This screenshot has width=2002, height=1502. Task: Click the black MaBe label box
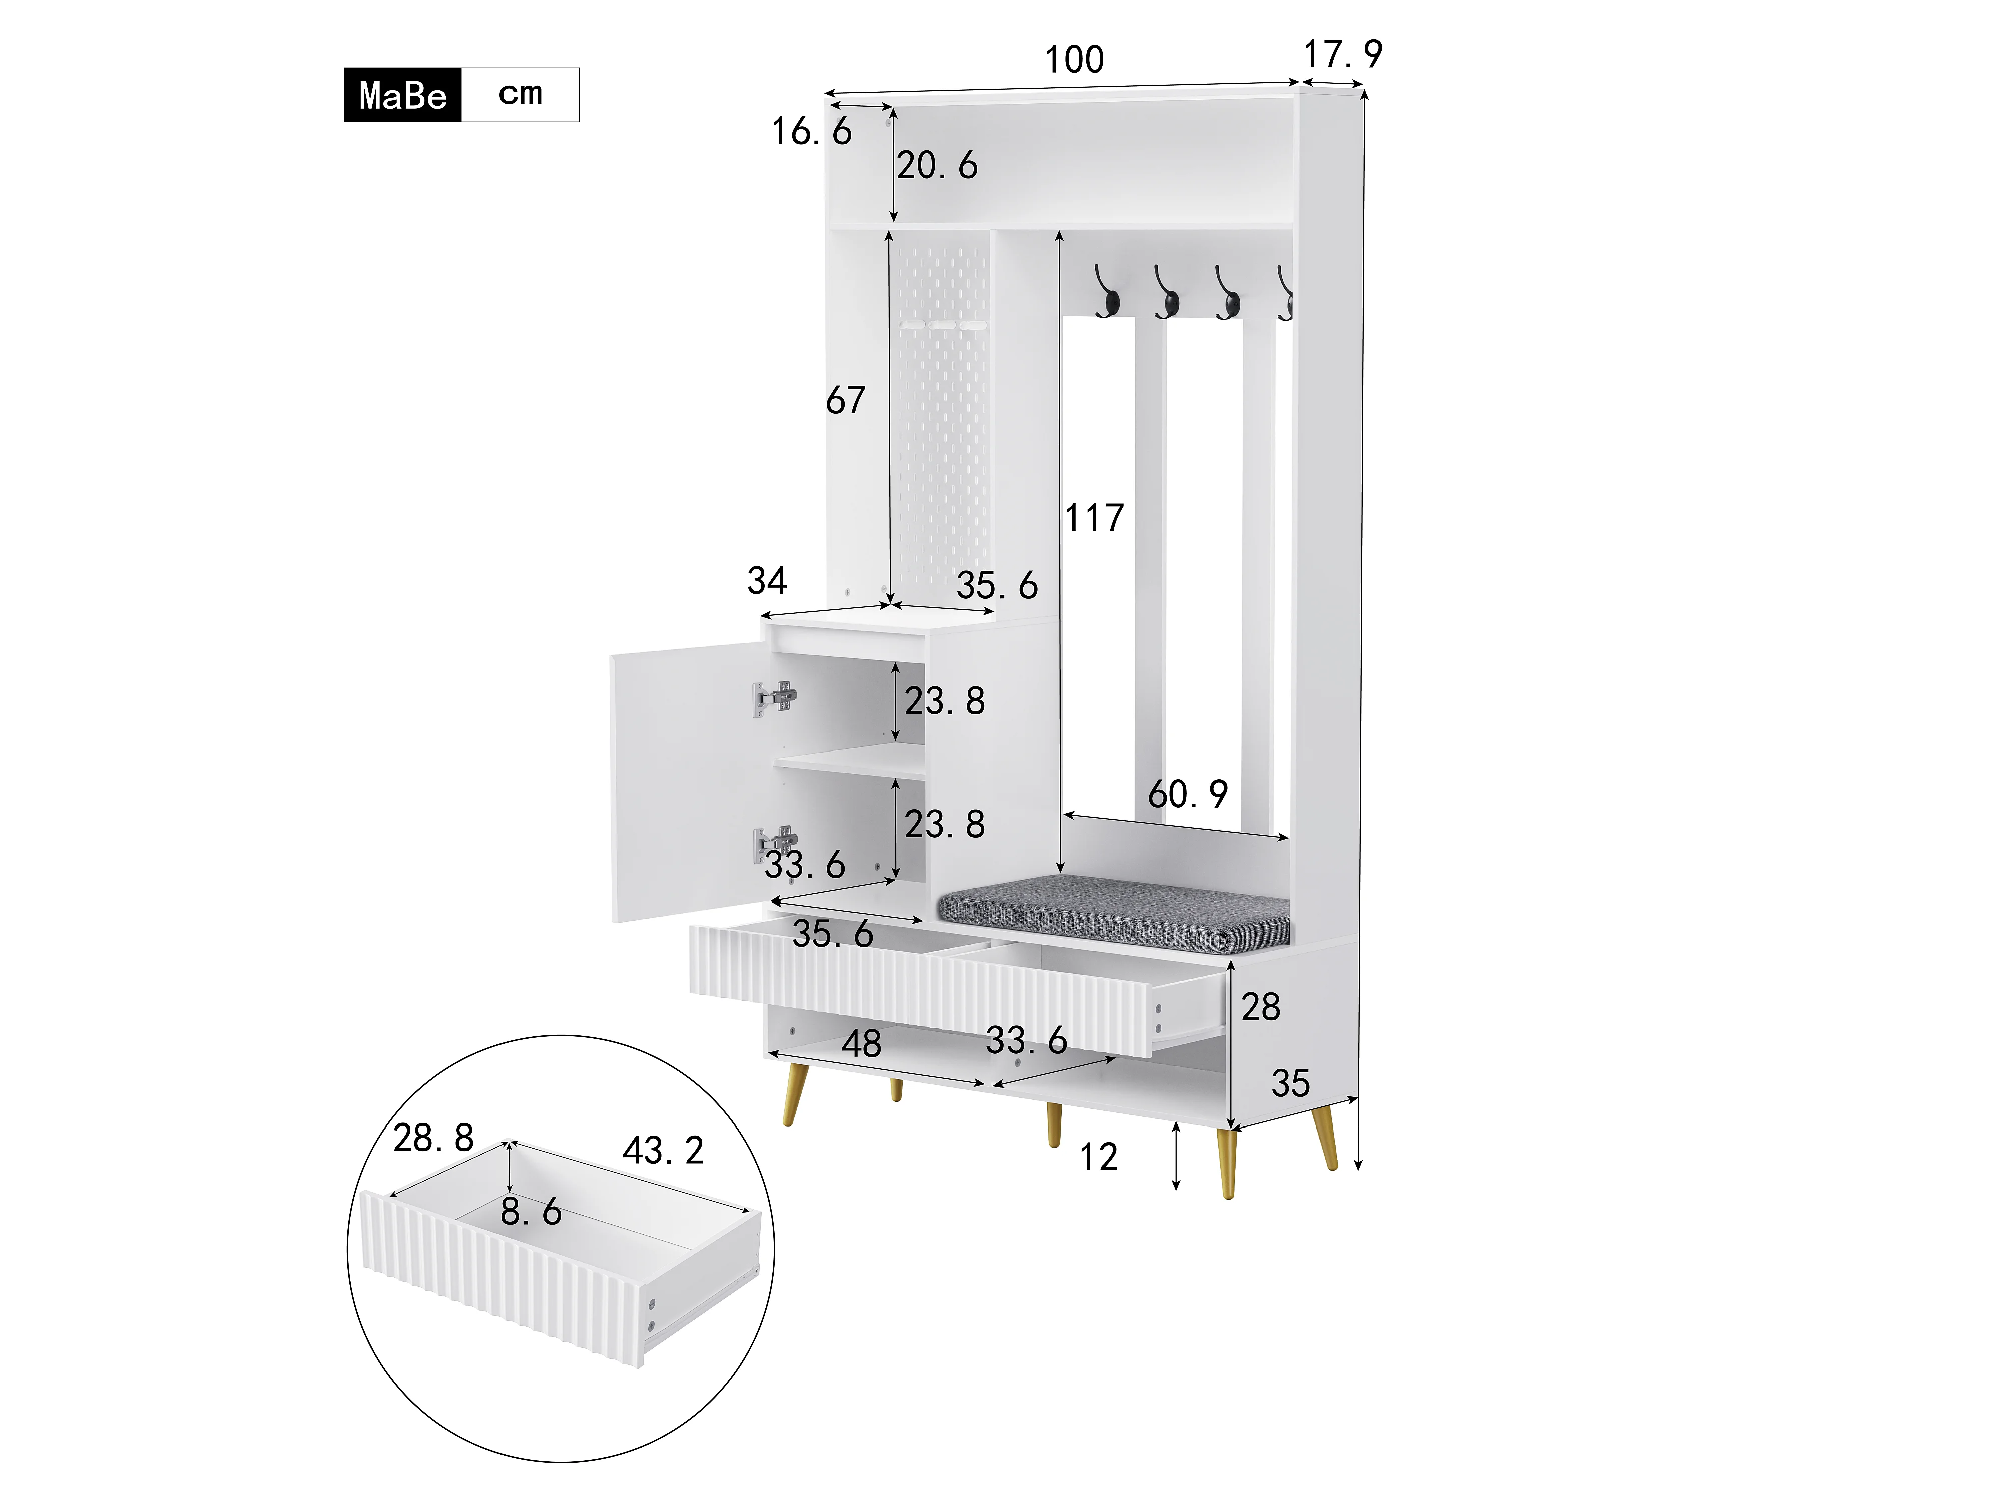coord(403,94)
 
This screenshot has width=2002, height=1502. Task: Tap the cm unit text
coord(521,93)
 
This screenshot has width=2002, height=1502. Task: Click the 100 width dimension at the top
coord(1074,60)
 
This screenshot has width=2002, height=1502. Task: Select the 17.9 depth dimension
coord(1343,54)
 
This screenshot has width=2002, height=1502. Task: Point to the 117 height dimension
coord(1094,518)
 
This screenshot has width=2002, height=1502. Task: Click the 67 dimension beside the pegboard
coord(845,400)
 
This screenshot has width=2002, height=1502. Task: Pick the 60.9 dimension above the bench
coord(1188,794)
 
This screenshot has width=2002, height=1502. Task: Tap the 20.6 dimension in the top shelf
coord(937,166)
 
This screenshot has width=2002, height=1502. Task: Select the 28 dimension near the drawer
coord(1261,1007)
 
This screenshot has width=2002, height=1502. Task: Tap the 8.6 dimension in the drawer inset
coord(531,1212)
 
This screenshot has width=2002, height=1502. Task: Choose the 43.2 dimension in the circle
coord(663,1151)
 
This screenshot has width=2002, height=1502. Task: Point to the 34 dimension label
coord(767,580)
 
